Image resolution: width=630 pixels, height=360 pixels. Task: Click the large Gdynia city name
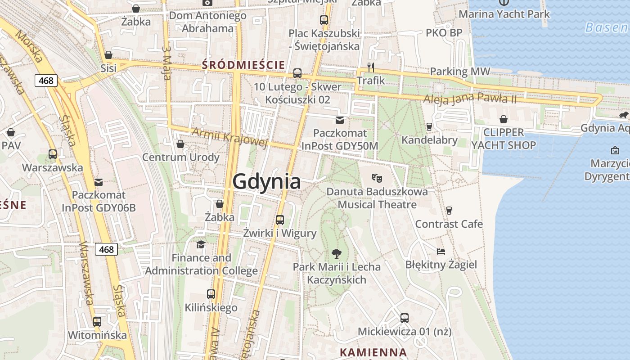click(266, 181)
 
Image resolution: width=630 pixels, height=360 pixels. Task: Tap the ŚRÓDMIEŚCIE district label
click(243, 65)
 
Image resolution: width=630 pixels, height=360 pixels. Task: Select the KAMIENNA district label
click(373, 352)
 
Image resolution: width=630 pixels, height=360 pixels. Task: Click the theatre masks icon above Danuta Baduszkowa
click(377, 178)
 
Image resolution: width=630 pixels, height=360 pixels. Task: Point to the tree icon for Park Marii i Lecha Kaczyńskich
click(336, 254)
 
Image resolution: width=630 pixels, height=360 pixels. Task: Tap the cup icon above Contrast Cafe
click(449, 210)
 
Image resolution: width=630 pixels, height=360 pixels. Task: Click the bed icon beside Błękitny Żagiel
click(441, 251)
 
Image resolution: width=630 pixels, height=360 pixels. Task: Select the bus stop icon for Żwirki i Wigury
click(280, 220)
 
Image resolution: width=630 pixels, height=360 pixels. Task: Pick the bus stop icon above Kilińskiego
click(211, 294)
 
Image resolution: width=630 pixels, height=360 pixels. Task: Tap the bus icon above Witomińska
click(97, 321)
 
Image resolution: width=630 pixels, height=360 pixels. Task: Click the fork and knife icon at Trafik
click(371, 67)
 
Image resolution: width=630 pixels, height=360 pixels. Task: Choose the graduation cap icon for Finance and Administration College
click(201, 244)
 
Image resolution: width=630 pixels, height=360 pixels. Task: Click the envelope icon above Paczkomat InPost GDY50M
click(340, 120)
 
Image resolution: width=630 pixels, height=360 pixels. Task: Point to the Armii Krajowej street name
click(229, 137)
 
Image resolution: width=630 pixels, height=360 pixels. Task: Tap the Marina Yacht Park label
click(504, 14)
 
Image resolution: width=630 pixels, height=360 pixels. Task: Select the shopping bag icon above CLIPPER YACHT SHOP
click(504, 119)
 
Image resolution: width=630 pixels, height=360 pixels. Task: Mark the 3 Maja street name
click(167, 63)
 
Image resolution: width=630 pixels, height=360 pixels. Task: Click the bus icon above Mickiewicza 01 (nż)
click(405, 318)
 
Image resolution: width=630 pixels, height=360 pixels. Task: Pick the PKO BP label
click(444, 33)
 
